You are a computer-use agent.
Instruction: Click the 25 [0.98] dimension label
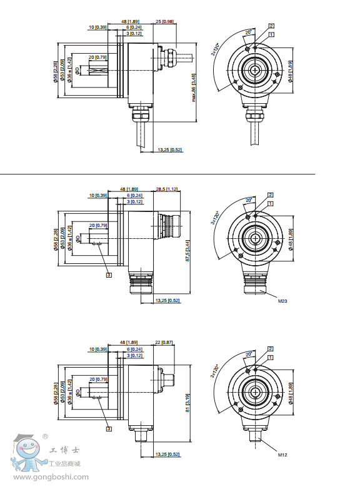[164, 21]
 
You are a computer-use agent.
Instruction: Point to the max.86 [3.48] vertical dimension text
[194, 87]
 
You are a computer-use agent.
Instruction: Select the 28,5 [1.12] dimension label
[167, 189]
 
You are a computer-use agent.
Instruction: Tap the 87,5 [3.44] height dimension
[188, 249]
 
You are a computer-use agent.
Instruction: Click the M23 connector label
[283, 301]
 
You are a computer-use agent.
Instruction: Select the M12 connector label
[282, 455]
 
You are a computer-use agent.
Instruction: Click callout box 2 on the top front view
[271, 26]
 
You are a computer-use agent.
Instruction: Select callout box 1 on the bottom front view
[271, 357]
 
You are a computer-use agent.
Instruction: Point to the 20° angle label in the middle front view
[248, 199]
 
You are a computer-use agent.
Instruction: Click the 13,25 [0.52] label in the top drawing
[169, 150]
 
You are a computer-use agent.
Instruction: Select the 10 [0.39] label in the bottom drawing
[98, 349]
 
